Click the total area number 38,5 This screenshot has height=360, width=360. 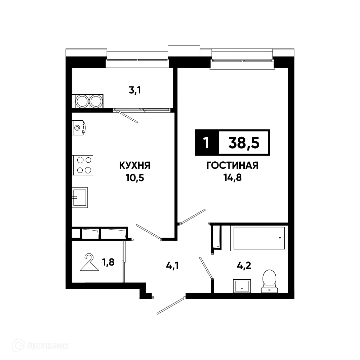(244, 143)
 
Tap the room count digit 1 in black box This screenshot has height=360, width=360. (206, 143)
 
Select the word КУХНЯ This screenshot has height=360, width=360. (134, 165)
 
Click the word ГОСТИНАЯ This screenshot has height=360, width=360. (232, 165)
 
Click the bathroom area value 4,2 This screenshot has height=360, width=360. (244, 266)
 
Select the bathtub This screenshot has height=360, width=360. (259, 238)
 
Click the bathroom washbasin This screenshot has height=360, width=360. (242, 286)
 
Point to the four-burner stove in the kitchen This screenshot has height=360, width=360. (83, 165)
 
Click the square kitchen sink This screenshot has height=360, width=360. (80, 198)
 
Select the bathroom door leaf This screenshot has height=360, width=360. (205, 268)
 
